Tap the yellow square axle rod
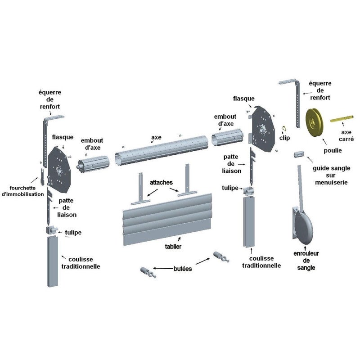(x=342, y=119)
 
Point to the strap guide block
(x=299, y=154)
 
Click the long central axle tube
(x=162, y=150)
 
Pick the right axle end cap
(x=227, y=137)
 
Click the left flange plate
(x=59, y=170)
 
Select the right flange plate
(x=263, y=129)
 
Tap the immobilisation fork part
(x=42, y=177)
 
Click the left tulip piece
(x=52, y=230)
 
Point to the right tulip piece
(x=248, y=191)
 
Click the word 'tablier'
(x=173, y=247)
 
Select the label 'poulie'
(x=333, y=151)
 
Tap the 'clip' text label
(x=284, y=138)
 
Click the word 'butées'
(x=183, y=269)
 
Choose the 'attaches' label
(x=161, y=183)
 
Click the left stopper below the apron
(x=148, y=272)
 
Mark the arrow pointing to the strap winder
(x=305, y=248)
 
